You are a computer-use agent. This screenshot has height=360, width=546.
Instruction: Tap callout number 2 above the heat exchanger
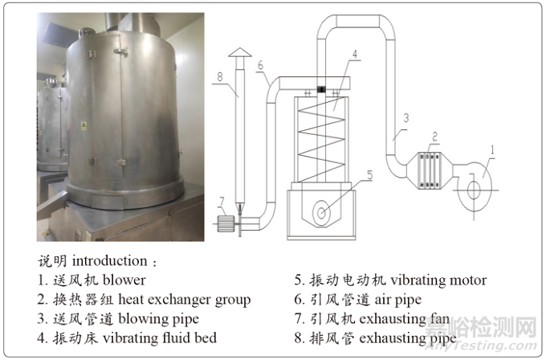click(434, 136)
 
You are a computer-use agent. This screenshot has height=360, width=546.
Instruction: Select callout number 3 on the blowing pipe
click(406, 117)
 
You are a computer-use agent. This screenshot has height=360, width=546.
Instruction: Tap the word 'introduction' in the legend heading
click(109, 261)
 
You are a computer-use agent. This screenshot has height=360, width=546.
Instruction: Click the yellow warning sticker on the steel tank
click(84, 125)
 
